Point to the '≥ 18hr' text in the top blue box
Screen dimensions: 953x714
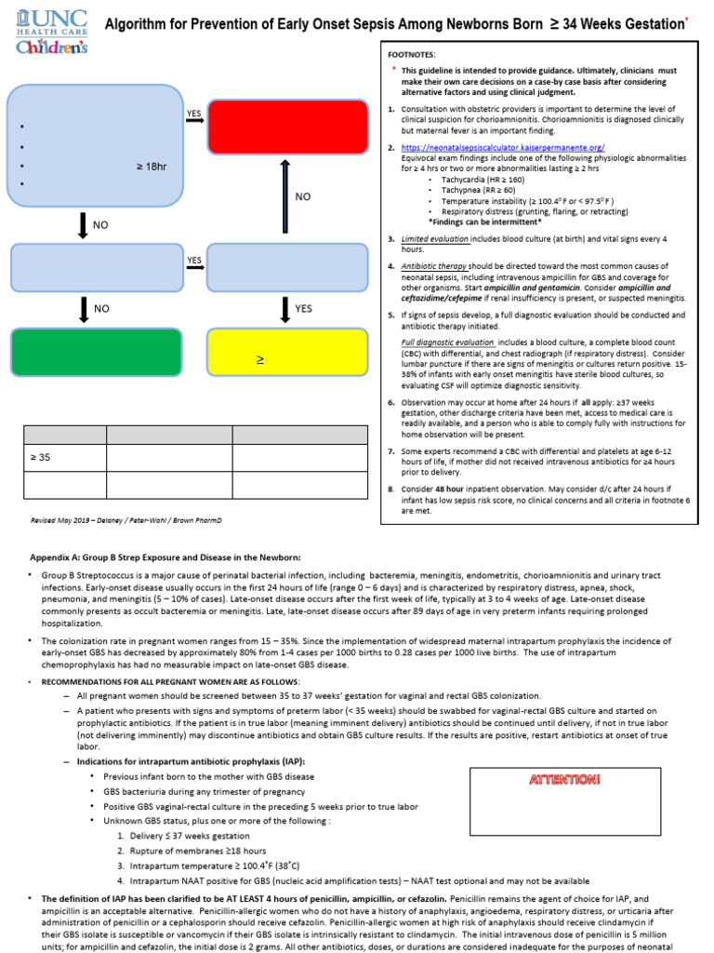[152, 167]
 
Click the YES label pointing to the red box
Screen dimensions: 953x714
[193, 114]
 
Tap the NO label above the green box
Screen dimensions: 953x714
[101, 308]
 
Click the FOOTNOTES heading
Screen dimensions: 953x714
[414, 55]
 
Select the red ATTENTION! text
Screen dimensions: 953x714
[564, 780]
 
